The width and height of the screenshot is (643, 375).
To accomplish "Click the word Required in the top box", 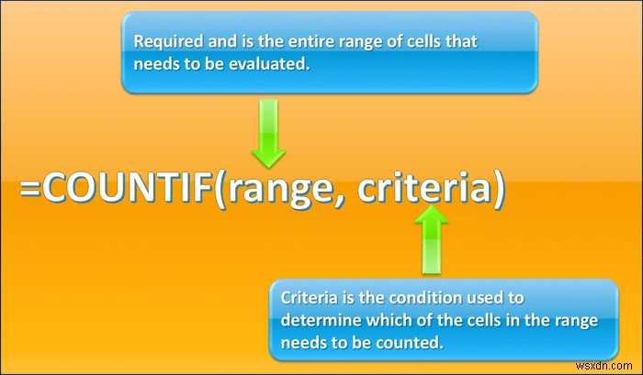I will pyautogui.click(x=164, y=41).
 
